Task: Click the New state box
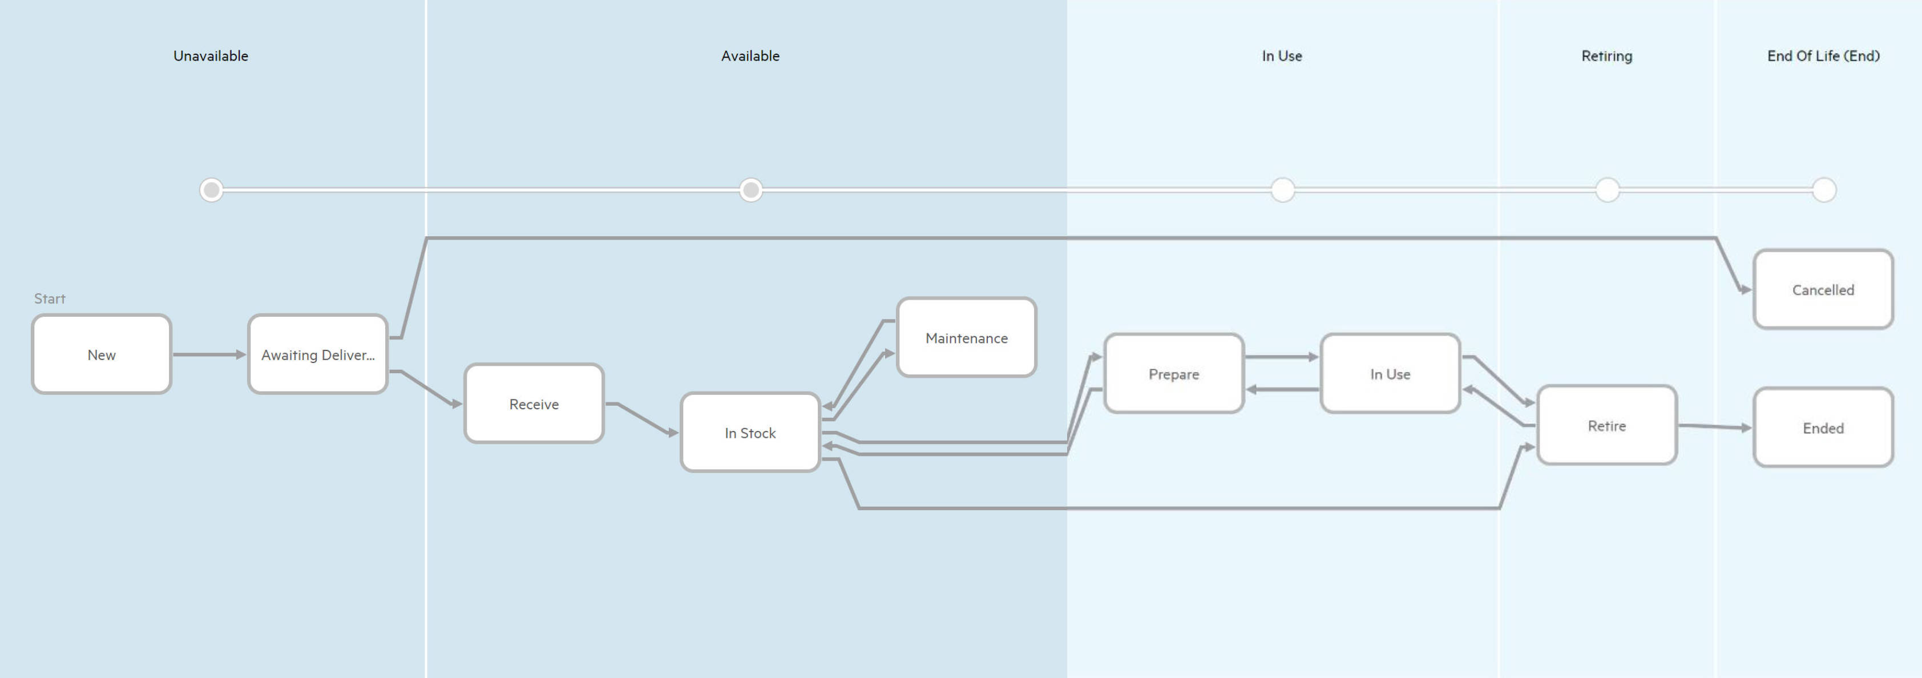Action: [102, 354]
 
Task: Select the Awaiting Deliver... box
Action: [318, 354]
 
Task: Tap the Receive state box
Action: [534, 403]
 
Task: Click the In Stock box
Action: [750, 433]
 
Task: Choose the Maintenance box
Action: [966, 338]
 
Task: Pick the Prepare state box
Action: [1174, 374]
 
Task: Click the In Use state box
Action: [1390, 374]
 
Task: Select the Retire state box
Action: [1606, 425]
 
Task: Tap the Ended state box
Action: [1823, 427]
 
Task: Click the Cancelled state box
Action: [1823, 289]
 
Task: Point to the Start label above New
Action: [49, 298]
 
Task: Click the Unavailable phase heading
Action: [211, 56]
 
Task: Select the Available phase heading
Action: [750, 56]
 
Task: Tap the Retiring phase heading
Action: [1606, 56]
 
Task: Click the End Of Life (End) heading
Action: [1823, 56]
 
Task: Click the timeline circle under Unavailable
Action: [211, 190]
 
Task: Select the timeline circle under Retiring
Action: [1607, 190]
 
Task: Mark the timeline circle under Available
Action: [750, 190]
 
